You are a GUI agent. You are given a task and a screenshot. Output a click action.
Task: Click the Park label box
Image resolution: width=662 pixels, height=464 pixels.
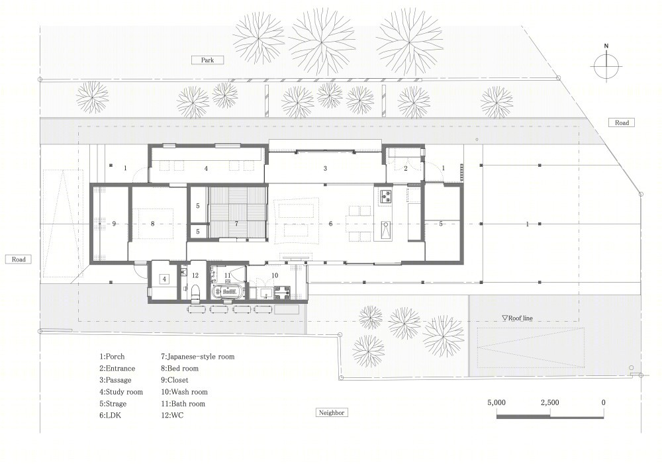pos(207,60)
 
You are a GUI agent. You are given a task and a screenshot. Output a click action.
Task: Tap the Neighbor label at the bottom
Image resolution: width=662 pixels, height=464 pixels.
pos(332,412)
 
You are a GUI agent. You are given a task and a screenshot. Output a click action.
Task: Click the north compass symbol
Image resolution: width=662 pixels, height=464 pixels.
pos(606,65)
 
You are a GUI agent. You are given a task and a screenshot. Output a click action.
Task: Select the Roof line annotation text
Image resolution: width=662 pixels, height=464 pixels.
pos(517,318)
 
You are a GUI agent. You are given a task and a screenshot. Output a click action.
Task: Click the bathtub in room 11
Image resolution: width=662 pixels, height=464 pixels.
pos(228,292)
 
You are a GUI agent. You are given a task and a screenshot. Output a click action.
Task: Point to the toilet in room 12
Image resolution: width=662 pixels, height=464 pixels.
pos(195,293)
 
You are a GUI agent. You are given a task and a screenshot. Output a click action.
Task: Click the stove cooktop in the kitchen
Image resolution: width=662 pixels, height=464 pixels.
pos(386,196)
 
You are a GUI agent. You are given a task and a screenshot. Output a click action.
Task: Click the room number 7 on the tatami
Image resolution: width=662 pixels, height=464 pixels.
pos(236,223)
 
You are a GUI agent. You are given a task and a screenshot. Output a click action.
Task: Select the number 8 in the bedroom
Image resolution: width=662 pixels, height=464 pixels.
pos(153,224)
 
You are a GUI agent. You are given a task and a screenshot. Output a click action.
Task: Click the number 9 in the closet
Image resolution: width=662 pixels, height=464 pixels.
pos(114,224)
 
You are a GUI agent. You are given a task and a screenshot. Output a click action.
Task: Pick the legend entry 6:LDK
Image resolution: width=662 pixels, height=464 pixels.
pos(110,416)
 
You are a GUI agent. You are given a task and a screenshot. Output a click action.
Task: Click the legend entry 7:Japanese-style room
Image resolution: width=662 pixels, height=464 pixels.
pos(197,356)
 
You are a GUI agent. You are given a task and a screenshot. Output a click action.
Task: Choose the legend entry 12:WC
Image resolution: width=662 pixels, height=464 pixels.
pos(172,416)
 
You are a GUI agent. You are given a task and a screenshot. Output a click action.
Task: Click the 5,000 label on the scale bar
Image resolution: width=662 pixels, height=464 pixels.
pos(496,402)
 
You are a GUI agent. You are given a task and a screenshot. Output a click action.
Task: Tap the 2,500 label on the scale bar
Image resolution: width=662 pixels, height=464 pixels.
pos(549,402)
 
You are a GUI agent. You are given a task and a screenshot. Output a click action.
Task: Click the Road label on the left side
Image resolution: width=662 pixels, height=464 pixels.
pos(19,259)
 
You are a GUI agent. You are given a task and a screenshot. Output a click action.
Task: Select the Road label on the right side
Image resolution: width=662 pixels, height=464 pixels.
pos(622,122)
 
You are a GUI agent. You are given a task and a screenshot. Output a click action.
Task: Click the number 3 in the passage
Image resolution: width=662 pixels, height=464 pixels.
pos(325,169)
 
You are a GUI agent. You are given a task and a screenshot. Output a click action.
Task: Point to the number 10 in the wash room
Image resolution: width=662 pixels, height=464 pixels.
pos(275,275)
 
